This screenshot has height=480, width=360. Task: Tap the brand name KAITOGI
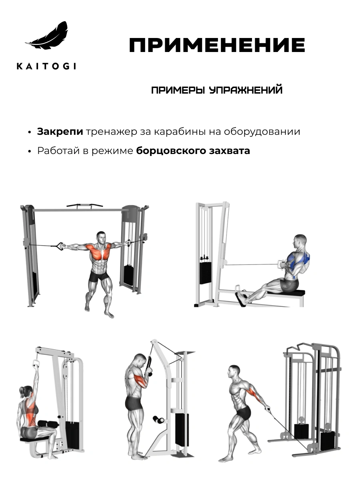click(x=46, y=66)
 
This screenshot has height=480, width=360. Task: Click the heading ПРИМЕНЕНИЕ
click(x=217, y=46)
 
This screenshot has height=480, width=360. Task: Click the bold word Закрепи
click(x=60, y=132)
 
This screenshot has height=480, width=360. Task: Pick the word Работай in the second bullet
click(x=54, y=151)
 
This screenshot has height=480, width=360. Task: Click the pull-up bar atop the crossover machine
click(x=84, y=206)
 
